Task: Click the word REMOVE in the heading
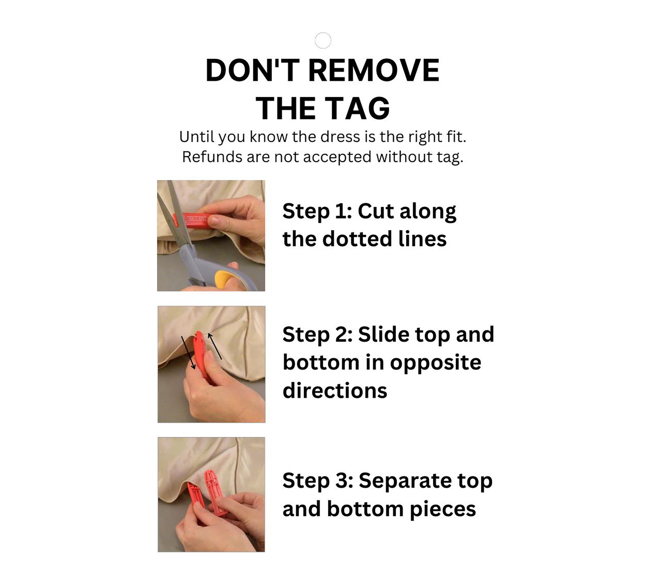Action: click(374, 70)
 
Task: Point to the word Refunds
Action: click(210, 157)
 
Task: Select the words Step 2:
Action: click(318, 334)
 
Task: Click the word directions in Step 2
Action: click(335, 390)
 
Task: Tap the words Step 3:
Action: click(318, 480)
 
